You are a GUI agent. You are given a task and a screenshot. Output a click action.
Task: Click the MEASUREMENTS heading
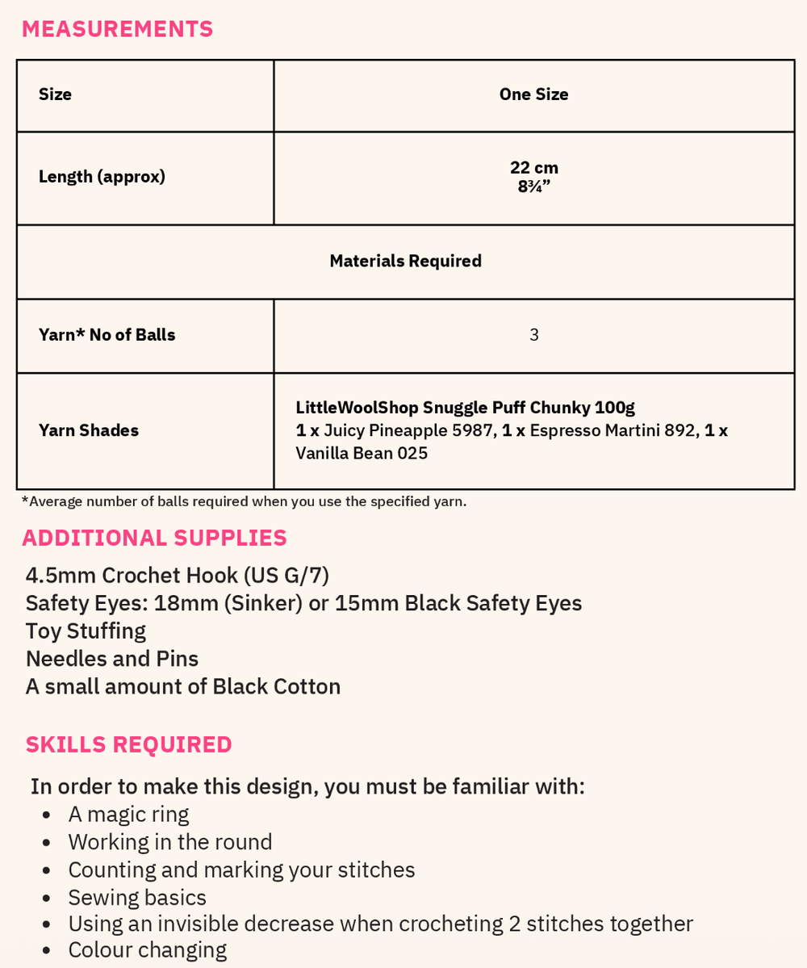(x=117, y=29)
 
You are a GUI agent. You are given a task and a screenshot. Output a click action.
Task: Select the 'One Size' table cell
(x=533, y=94)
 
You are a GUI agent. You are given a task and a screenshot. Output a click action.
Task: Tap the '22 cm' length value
(x=533, y=168)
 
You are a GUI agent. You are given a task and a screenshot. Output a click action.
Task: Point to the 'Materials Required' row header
(x=405, y=261)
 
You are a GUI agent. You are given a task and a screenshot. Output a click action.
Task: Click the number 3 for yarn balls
(x=533, y=335)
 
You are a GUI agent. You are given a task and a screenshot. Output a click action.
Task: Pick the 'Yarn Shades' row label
(x=89, y=430)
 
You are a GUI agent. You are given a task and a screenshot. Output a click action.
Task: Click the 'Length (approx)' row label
(x=102, y=177)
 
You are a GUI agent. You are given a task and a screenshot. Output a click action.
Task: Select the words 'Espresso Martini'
(x=595, y=430)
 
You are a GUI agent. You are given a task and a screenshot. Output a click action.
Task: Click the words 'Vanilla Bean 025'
(x=362, y=453)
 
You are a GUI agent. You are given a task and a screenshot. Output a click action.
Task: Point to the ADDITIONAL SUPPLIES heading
(x=154, y=538)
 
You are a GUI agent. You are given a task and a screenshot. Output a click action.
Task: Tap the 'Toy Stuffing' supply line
(x=86, y=631)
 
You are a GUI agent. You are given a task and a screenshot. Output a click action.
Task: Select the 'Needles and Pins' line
(x=112, y=659)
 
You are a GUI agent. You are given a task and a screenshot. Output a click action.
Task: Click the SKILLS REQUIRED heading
(x=128, y=744)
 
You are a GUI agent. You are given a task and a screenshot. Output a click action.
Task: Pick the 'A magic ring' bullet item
(x=128, y=814)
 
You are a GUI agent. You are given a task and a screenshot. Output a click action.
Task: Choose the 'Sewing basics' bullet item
(x=137, y=897)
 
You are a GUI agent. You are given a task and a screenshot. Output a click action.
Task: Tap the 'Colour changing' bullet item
(x=147, y=949)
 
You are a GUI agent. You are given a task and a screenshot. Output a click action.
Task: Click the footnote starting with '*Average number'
(x=244, y=501)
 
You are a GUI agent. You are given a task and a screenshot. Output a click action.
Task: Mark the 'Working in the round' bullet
(x=170, y=842)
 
